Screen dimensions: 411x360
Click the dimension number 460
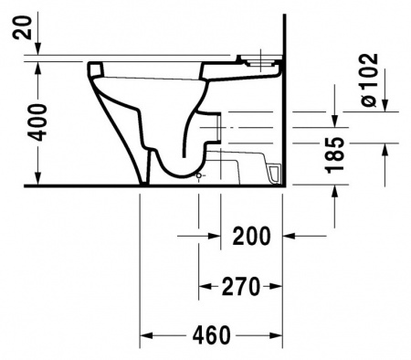tap(212, 335)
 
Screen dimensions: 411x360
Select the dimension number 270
tap(241, 286)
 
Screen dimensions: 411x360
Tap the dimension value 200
tap(251, 236)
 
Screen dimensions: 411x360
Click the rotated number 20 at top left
tap(22, 27)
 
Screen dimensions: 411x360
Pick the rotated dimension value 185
tap(335, 154)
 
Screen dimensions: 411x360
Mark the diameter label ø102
tap(370, 79)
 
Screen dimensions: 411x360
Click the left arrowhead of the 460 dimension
tap(146, 335)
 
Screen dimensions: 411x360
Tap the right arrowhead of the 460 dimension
tap(276, 335)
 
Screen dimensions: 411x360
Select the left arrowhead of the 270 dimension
tap(205, 286)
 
